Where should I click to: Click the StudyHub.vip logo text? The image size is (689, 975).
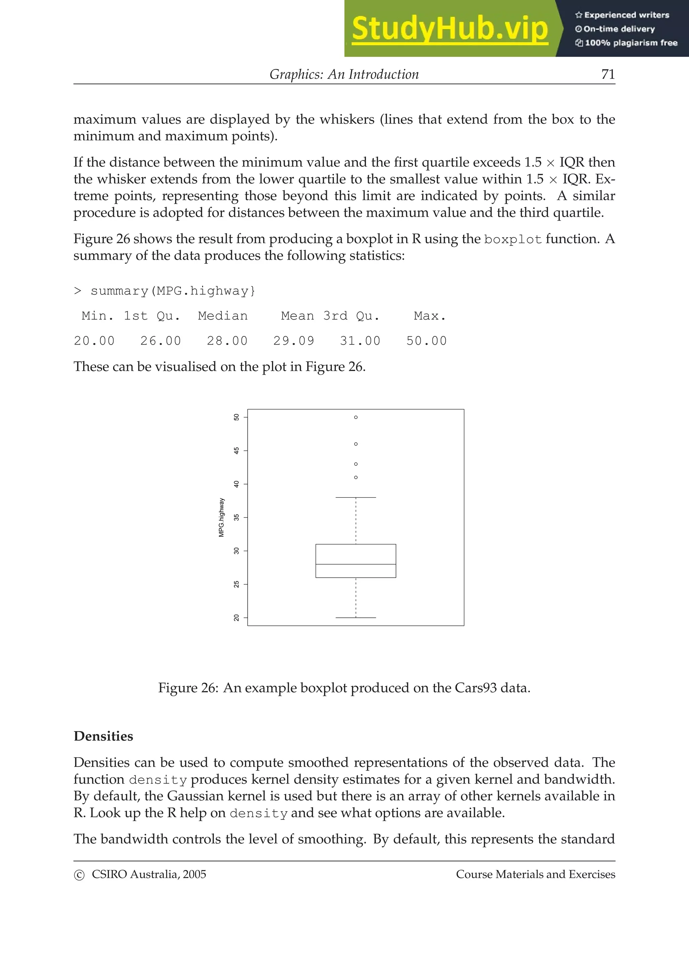click(449, 29)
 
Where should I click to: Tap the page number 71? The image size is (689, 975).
click(608, 74)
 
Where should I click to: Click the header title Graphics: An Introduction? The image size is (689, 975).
click(344, 74)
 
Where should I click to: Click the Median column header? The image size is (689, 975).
click(222, 316)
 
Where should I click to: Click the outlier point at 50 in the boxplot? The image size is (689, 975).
click(356, 417)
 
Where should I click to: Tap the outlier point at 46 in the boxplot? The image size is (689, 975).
click(356, 444)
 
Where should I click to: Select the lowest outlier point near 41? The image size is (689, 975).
click(356, 477)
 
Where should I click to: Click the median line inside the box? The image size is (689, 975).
click(356, 564)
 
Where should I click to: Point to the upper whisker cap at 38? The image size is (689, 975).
click(356, 497)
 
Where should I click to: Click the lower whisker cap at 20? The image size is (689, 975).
click(356, 617)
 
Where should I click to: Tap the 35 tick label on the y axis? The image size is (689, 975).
click(237, 517)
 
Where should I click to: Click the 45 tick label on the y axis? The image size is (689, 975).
click(237, 450)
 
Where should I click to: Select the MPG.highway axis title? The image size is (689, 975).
click(221, 517)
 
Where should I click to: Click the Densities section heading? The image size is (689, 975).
click(103, 736)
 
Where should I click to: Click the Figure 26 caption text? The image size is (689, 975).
click(344, 687)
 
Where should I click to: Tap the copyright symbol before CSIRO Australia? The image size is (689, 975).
click(79, 875)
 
